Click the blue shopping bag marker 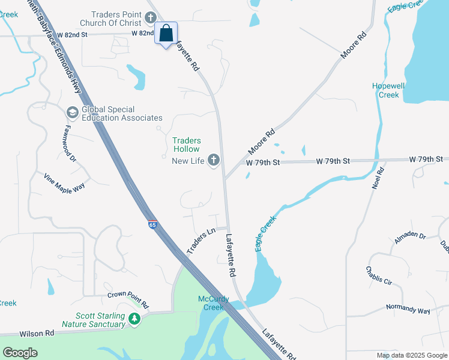coord(166,34)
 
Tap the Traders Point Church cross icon coord(151,14)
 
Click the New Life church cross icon coord(213,160)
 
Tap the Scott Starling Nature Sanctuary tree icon coord(135,319)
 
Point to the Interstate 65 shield coord(152,224)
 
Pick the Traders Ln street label coord(202,240)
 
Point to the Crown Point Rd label coord(128,295)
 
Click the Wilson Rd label coord(37,333)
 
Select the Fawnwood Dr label coord(68,143)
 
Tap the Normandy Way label coord(409,310)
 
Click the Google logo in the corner coord(20,353)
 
